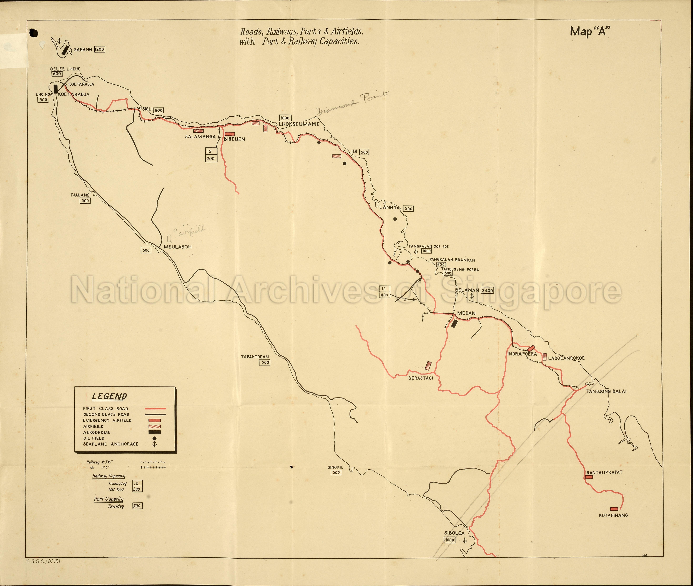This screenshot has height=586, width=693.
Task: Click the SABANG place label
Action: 83,49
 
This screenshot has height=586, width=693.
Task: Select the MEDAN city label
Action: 466,313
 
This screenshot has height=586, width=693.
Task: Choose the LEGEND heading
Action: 109,396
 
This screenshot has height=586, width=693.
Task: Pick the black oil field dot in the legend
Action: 154,438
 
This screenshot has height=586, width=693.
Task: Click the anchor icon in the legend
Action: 154,444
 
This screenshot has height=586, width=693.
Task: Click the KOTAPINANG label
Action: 613,515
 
